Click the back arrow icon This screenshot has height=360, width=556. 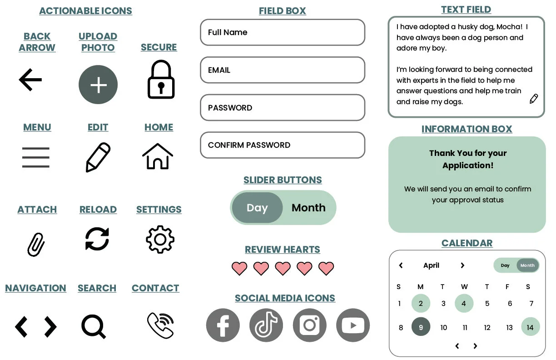click(x=30, y=80)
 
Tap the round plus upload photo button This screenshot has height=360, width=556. click(x=98, y=85)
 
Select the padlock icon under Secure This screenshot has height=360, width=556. click(x=161, y=80)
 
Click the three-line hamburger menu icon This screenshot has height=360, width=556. click(x=35, y=158)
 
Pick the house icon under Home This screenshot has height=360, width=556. click(x=158, y=156)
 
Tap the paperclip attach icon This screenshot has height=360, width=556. click(x=36, y=245)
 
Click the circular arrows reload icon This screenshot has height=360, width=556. click(x=97, y=239)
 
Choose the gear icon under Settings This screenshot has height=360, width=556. click(x=160, y=240)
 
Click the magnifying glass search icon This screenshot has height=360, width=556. click(x=93, y=326)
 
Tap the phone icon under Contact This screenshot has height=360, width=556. click(x=160, y=325)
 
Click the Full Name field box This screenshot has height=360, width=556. click(x=283, y=32)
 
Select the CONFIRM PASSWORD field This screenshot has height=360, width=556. click(x=283, y=145)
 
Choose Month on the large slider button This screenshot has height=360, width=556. click(x=308, y=208)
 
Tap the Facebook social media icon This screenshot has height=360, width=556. click(x=223, y=325)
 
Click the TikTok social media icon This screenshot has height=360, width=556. click(x=266, y=325)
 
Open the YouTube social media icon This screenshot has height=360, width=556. click(x=353, y=325)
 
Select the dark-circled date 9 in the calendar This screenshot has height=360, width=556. click(x=421, y=327)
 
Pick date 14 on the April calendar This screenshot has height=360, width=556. click(x=530, y=327)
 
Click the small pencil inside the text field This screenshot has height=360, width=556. click(x=534, y=99)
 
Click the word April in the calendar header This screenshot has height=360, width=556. click(x=431, y=265)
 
